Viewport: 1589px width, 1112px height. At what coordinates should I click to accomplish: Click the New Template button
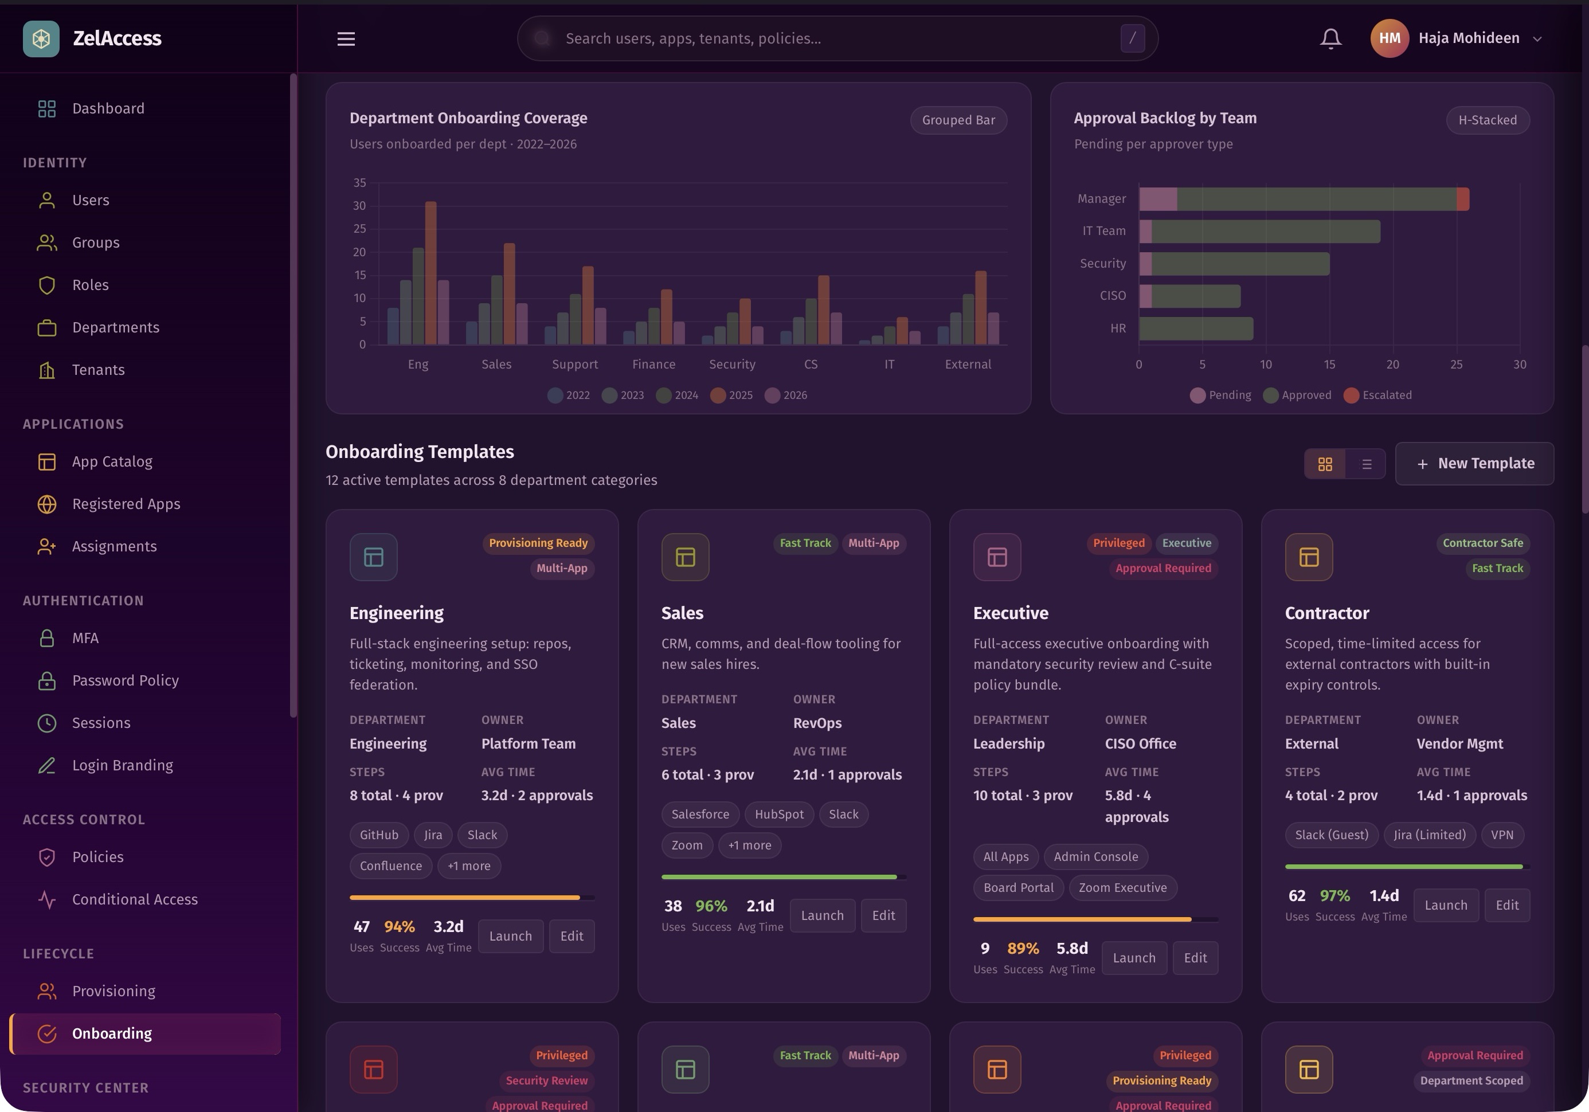click(x=1474, y=464)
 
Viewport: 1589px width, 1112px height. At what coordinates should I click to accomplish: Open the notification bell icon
click(x=1330, y=39)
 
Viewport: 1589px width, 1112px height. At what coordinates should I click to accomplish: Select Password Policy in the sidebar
click(x=126, y=680)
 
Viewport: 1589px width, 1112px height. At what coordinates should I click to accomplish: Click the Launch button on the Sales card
click(x=822, y=915)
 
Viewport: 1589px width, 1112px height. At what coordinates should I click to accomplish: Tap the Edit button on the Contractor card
click(x=1506, y=905)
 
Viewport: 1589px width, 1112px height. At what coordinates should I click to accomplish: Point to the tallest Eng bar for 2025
click(x=430, y=273)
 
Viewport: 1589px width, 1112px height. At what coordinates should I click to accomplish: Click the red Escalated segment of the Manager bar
click(x=1463, y=199)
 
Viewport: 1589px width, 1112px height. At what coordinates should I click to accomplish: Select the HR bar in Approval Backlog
click(x=1196, y=328)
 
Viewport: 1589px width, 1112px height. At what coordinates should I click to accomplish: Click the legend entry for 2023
click(x=623, y=395)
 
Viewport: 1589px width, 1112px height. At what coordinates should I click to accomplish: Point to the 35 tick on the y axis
click(x=360, y=183)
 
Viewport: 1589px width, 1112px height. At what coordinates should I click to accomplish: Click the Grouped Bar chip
click(x=958, y=120)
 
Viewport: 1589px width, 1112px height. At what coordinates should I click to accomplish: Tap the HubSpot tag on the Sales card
click(x=779, y=815)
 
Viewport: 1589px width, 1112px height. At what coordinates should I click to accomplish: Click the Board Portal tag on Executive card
click(x=1018, y=888)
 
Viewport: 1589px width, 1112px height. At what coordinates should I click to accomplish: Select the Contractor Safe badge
click(x=1482, y=543)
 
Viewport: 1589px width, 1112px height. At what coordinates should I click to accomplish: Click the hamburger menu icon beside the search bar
click(x=346, y=39)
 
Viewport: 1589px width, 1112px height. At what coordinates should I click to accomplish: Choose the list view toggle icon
click(x=1366, y=464)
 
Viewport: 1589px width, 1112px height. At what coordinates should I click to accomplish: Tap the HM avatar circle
click(x=1389, y=39)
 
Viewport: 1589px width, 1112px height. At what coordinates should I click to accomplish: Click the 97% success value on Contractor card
click(x=1334, y=895)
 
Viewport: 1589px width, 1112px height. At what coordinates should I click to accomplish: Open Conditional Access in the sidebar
click(x=135, y=899)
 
